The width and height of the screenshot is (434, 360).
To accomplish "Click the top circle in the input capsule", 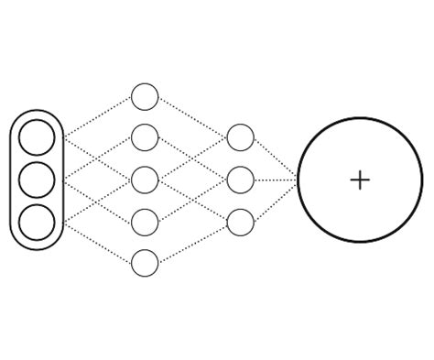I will click(x=38, y=137).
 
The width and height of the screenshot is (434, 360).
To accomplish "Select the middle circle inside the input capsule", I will click(x=38, y=180).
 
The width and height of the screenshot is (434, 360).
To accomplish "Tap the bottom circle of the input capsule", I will click(x=38, y=222).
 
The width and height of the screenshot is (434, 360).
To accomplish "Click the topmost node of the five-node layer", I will click(x=145, y=96).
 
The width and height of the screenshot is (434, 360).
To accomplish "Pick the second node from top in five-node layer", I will click(x=145, y=137).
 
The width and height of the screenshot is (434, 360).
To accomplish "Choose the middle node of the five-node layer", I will click(x=145, y=180).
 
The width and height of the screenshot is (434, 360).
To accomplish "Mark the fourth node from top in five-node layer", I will click(x=145, y=222).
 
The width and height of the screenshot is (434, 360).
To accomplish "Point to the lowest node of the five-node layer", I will click(x=145, y=263).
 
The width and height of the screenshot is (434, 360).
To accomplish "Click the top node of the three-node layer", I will click(x=240, y=137).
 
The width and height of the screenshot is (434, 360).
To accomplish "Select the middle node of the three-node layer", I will click(x=240, y=180).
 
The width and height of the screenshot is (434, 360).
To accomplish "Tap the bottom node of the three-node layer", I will click(x=240, y=222).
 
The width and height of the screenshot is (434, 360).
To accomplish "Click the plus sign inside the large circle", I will click(x=360, y=180).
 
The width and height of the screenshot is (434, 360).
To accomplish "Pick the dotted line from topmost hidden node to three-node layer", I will click(x=192, y=116).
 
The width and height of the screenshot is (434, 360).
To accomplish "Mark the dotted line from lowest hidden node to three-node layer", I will click(x=192, y=243).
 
